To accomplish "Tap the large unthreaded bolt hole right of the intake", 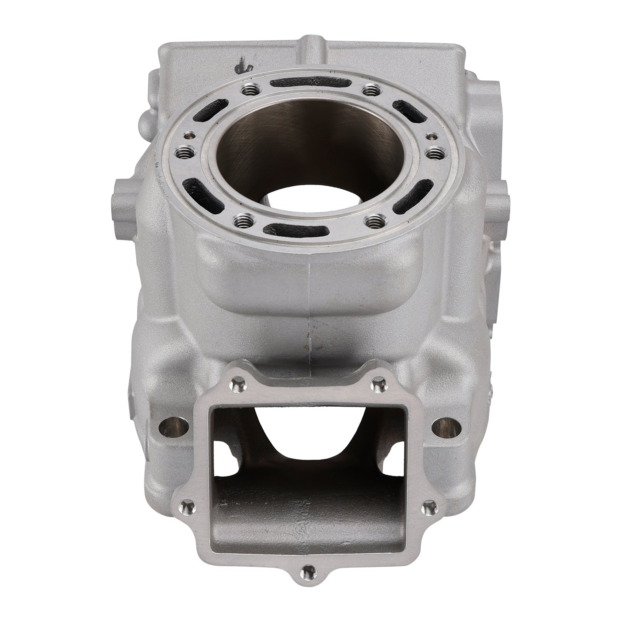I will [x=444, y=427].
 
